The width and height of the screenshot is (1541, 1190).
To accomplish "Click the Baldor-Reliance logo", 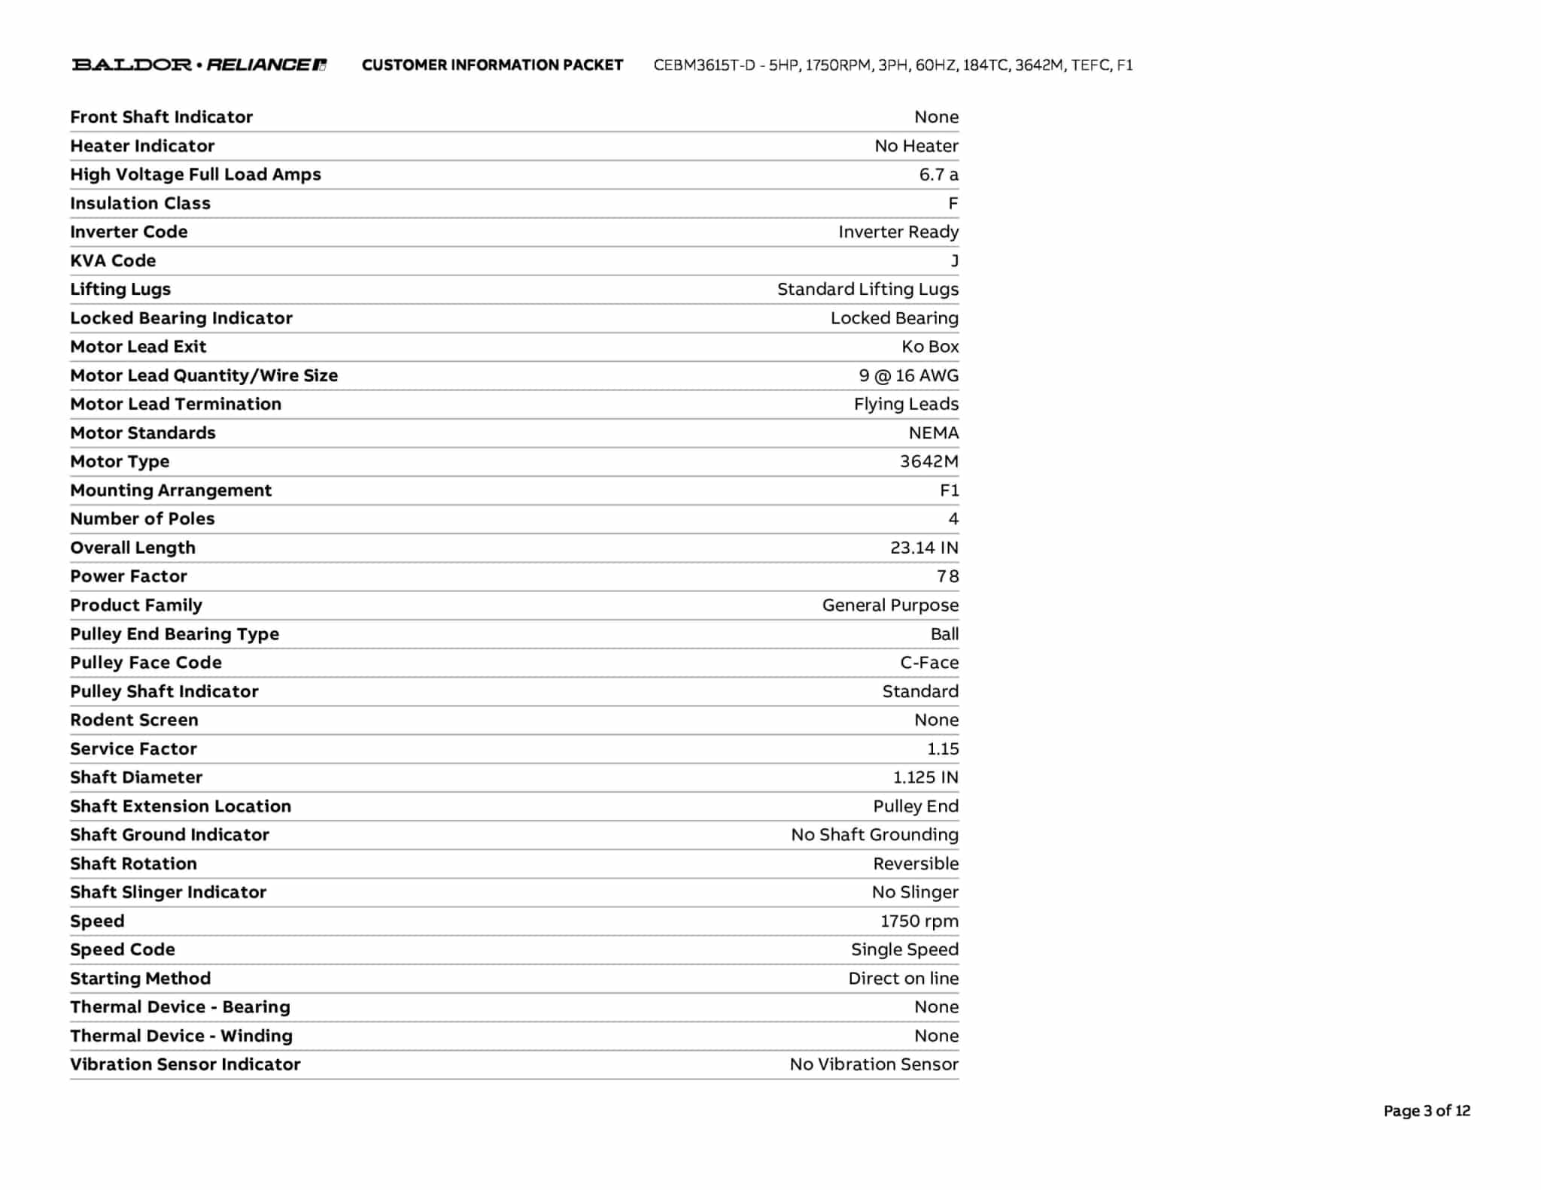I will tap(199, 65).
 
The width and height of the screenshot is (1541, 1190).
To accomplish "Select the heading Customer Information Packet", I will tap(492, 65).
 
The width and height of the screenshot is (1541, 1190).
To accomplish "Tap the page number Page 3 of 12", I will tap(1426, 1110).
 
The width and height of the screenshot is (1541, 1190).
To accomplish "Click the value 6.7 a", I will tap(938, 175).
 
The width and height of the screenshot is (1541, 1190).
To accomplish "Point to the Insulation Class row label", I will tap(140, 203).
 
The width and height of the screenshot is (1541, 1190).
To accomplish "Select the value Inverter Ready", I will tap(898, 232).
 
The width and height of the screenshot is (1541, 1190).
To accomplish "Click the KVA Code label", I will tap(113, 260).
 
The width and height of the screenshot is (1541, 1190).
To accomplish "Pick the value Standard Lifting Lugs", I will tap(868, 289).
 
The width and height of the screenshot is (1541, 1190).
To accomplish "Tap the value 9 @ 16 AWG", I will tap(908, 375).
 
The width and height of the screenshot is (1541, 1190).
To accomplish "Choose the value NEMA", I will tap(933, 433).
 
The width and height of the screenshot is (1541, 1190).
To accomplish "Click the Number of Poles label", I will tap(142, 518).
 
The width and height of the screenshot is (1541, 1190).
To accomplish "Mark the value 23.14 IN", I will tap(924, 548).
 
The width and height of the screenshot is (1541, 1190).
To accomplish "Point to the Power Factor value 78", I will tap(947, 576).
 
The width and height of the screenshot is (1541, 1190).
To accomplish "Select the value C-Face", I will tap(929, 662).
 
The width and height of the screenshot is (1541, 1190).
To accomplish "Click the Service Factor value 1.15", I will tap(943, 748).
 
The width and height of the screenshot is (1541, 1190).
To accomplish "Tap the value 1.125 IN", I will tap(926, 777).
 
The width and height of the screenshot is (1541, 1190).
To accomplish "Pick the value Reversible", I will tap(916, 864).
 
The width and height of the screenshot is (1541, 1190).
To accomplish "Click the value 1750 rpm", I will tap(919, 921).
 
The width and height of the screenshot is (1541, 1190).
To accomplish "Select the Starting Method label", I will tap(140, 978).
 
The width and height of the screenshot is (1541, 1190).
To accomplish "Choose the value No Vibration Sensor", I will tap(874, 1064).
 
